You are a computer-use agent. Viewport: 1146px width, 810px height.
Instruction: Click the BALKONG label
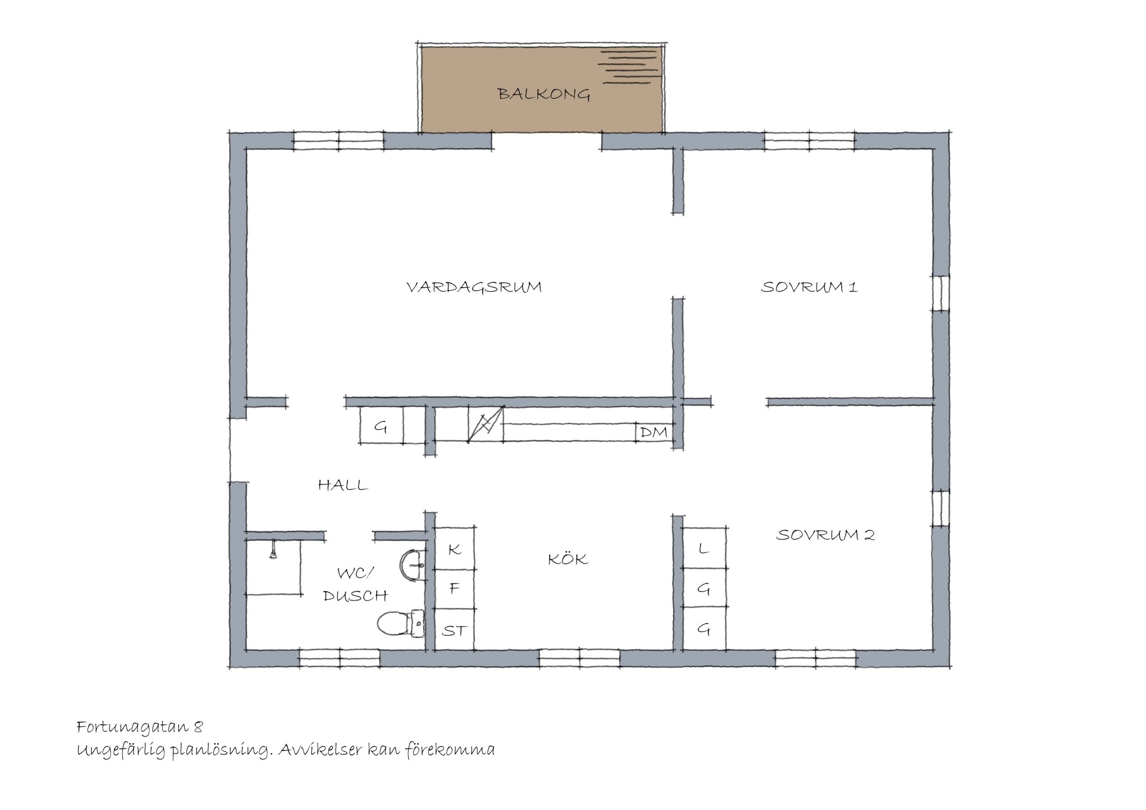point(544,94)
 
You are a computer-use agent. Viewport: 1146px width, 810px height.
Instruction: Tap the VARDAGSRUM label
point(474,287)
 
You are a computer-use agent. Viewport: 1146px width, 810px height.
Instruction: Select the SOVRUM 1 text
point(809,287)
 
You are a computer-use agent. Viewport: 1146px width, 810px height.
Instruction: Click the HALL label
point(343,485)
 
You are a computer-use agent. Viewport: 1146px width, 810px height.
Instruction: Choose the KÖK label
point(568,558)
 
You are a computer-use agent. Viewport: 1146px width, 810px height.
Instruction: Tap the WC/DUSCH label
point(355,584)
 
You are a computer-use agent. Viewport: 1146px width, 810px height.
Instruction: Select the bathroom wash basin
point(412,566)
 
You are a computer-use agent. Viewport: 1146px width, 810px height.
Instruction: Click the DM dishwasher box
point(654,432)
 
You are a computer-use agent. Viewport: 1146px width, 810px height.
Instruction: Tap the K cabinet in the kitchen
point(454,549)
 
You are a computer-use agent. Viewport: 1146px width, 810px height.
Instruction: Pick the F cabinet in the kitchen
point(454,589)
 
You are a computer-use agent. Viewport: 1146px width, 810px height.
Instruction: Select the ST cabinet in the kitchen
point(454,630)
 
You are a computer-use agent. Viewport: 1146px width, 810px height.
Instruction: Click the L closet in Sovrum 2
point(704,548)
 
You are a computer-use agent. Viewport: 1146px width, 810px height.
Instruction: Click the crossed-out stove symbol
point(486,424)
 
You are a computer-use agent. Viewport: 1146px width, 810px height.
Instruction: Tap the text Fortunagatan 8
point(140,727)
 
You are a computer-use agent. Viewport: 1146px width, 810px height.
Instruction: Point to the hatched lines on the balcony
point(629,67)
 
